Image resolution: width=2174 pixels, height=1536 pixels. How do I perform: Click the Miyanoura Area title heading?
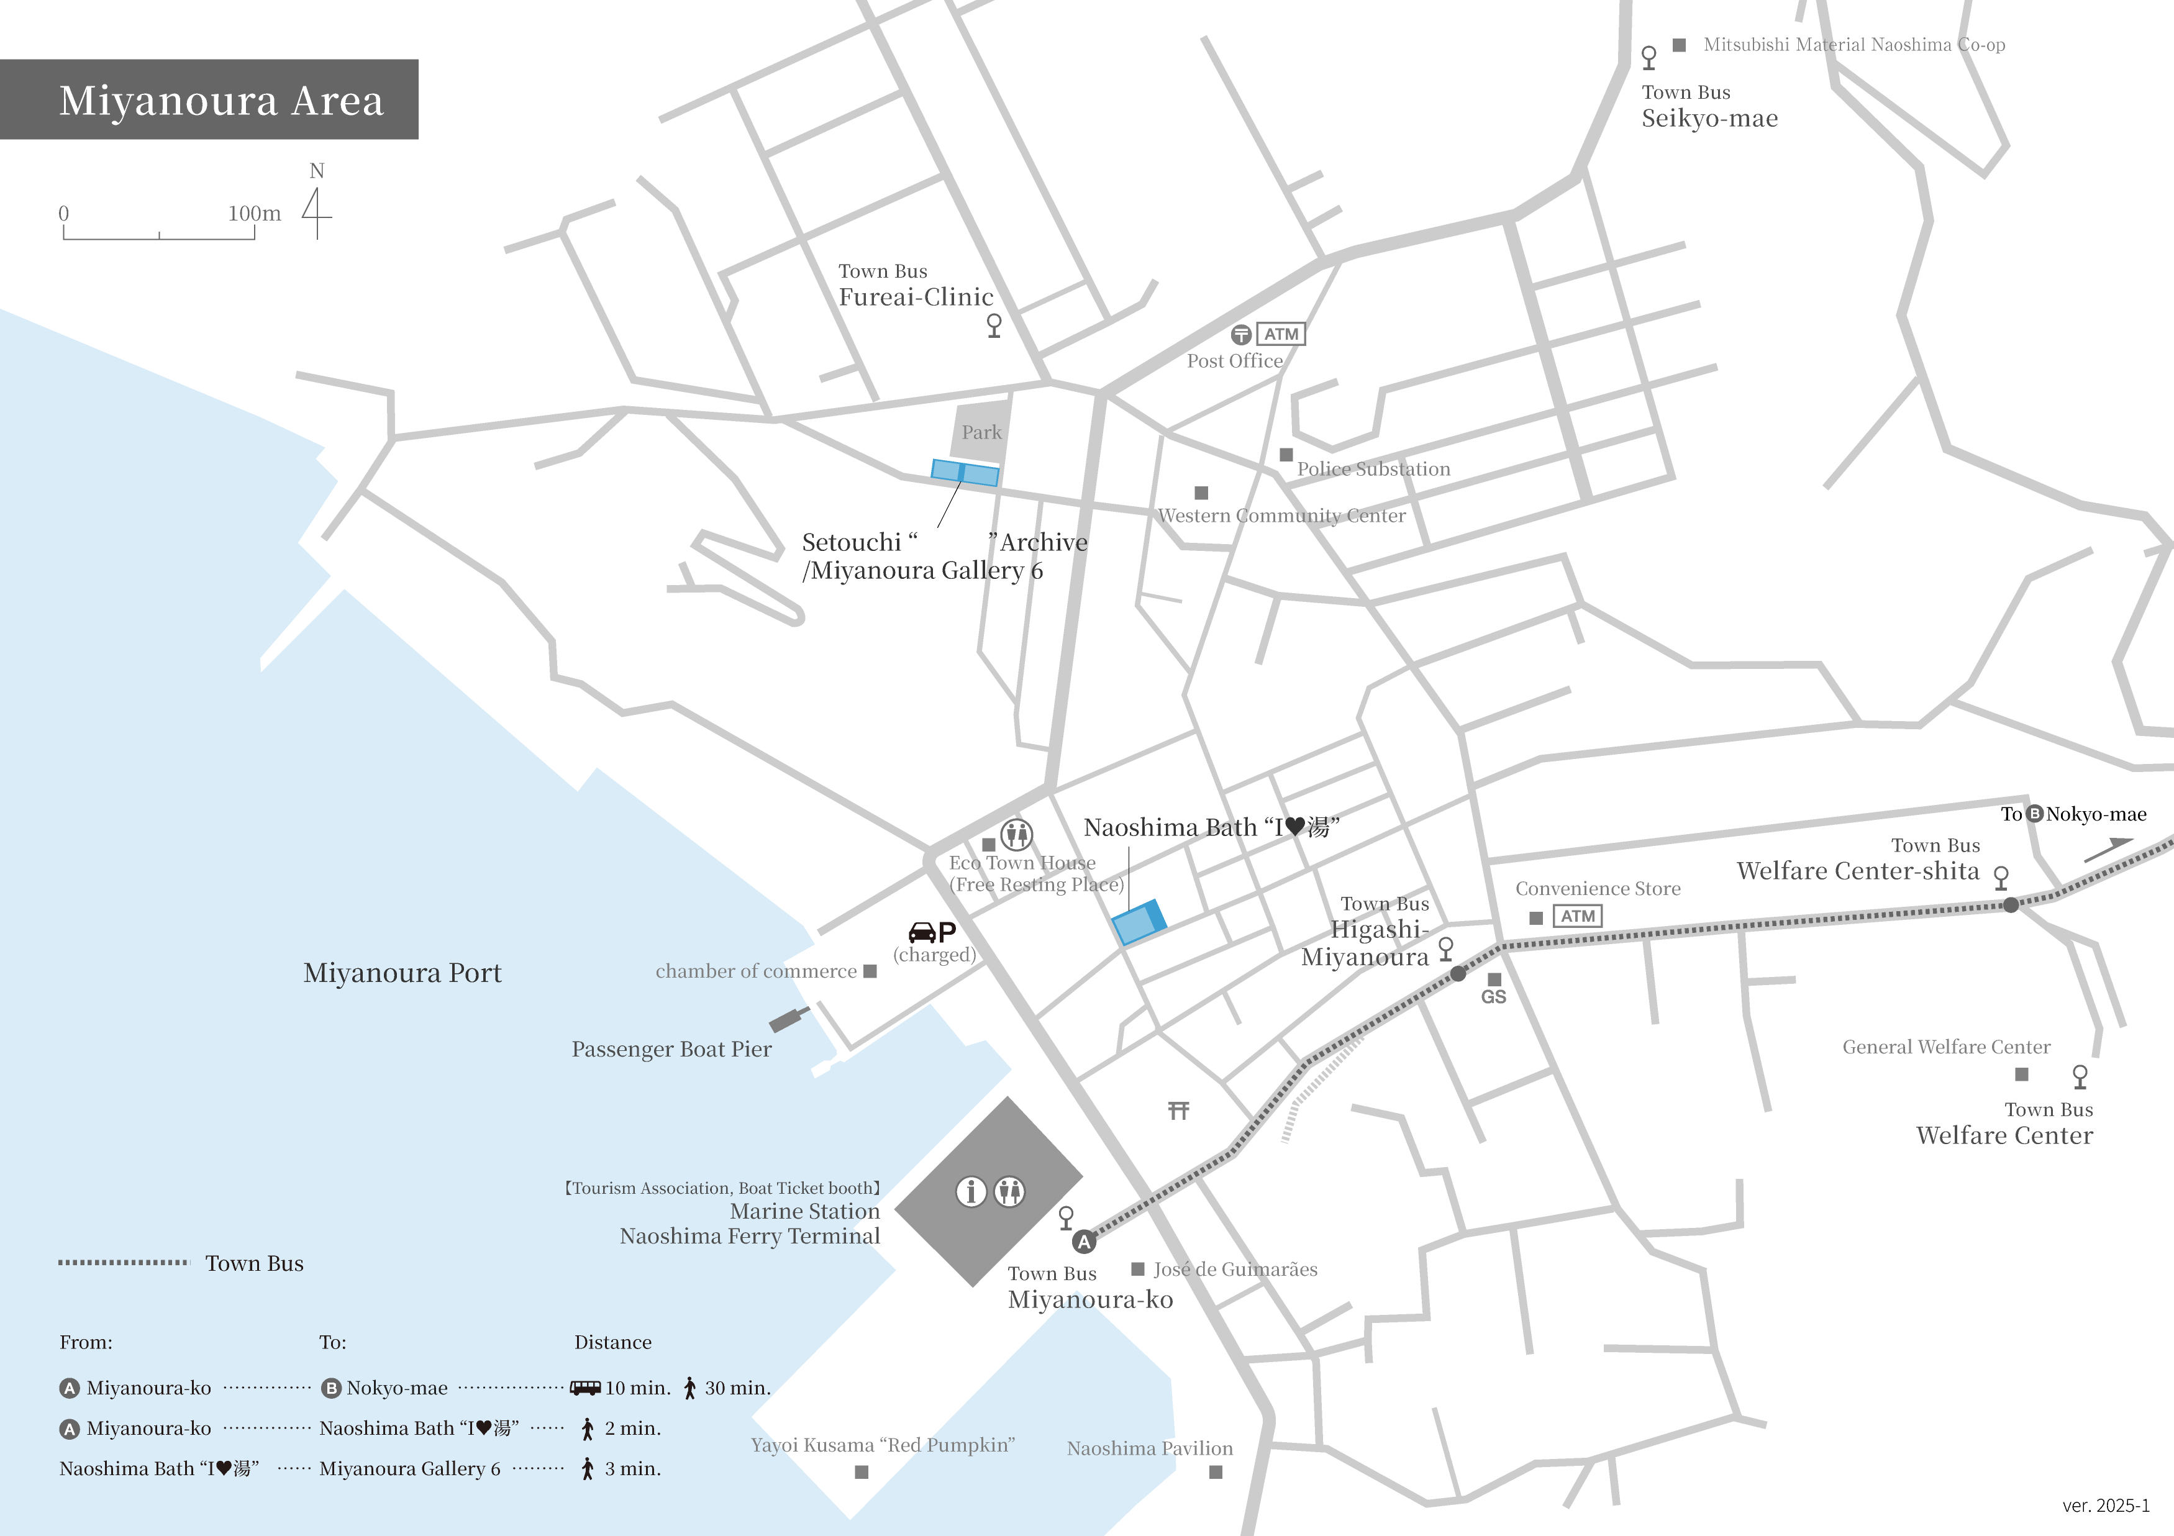pos(221,101)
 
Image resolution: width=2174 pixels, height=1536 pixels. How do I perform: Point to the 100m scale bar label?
pos(254,213)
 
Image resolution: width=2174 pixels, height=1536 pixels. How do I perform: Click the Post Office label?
pos(1235,361)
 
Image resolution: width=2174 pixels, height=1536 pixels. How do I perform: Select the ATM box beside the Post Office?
pos(1280,334)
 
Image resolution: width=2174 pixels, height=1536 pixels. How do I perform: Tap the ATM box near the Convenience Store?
pos(1578,916)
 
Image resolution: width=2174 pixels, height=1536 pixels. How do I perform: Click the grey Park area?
pos(980,432)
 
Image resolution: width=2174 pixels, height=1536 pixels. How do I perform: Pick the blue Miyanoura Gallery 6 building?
pos(965,473)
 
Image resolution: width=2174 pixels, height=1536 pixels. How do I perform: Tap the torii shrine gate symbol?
pos(1178,1110)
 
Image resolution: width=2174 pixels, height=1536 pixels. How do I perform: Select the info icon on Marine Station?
pos(970,1191)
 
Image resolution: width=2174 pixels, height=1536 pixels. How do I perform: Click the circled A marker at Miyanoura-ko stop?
pos(1083,1242)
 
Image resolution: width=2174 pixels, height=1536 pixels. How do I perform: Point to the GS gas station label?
pos(1493,996)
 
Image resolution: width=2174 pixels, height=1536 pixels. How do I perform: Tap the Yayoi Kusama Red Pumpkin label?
pos(883,1445)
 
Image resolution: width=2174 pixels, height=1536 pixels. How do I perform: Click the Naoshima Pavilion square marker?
pos(1216,1471)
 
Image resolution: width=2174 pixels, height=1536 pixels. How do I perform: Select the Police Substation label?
pos(1373,469)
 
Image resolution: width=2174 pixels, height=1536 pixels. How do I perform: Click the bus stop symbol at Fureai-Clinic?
pos(993,325)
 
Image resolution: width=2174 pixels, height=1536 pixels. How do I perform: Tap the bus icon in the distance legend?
pos(585,1388)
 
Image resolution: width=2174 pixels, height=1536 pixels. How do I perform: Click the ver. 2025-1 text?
pos(2105,1506)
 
